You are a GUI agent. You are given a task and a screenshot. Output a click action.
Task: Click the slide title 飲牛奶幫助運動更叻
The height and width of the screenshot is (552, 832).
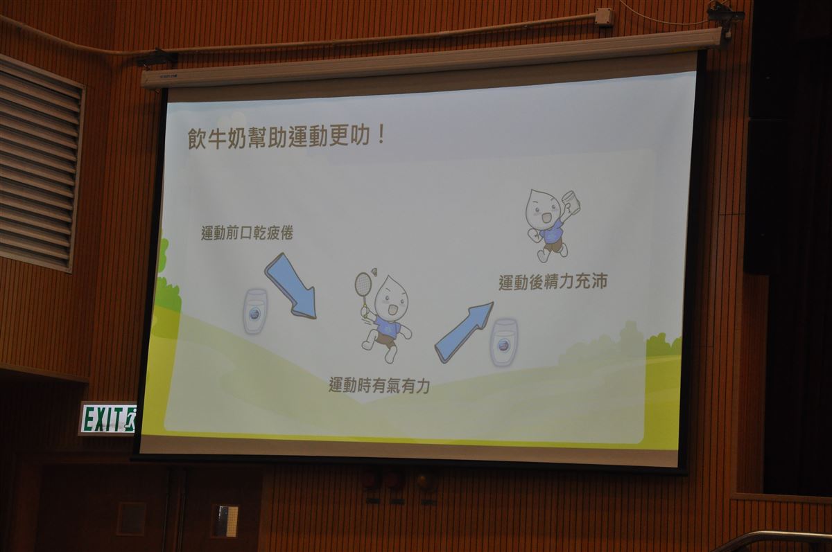coord(279,138)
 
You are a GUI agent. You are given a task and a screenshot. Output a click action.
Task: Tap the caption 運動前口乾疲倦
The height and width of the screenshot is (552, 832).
coord(247,233)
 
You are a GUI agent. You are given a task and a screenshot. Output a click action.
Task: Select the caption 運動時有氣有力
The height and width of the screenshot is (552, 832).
coord(379,385)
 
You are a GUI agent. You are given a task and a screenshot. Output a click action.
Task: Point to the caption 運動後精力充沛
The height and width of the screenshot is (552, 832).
coord(553,282)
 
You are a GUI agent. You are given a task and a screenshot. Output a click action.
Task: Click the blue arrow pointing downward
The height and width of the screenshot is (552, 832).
coord(291,285)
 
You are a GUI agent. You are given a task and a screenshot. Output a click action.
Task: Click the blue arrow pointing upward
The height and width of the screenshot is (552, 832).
coord(464,332)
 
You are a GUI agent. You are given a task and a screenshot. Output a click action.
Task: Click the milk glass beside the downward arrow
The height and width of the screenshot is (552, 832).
coord(255,311)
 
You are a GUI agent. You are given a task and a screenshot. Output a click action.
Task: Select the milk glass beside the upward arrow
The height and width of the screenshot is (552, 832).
coord(504,342)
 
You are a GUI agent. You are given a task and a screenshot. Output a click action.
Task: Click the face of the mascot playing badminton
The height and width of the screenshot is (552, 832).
coord(390,296)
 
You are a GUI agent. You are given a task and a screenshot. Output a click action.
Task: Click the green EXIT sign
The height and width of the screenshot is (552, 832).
coord(108,419)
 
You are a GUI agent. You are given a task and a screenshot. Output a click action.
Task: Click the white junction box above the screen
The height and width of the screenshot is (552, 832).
coord(603,17)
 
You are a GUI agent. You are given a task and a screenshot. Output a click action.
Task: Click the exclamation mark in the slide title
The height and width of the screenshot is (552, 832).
coord(381,136)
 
